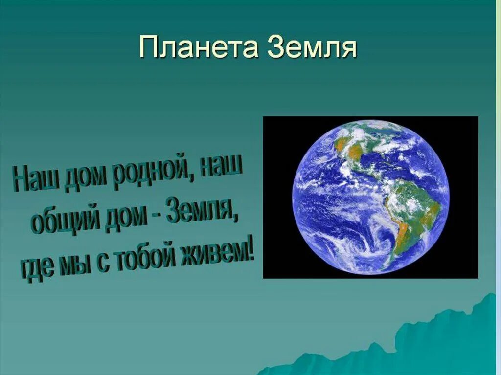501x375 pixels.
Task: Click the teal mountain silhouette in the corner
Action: pyautogui.click(x=440, y=342)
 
